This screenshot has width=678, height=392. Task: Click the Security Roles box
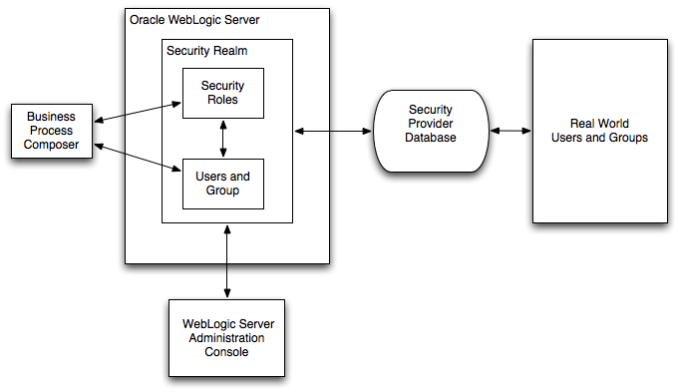pyautogui.click(x=222, y=93)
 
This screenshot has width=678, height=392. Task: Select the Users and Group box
pyautogui.click(x=222, y=184)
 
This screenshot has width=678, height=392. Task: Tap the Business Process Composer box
pyautogui.click(x=50, y=131)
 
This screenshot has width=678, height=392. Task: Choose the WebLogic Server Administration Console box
pyautogui.click(x=227, y=338)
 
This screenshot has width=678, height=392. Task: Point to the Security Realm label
pyautogui.click(x=207, y=50)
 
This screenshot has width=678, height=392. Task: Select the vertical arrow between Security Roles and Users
pyautogui.click(x=222, y=139)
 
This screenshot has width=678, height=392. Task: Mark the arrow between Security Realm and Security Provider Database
pyautogui.click(x=332, y=131)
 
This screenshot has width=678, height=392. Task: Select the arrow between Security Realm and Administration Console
pyautogui.click(x=227, y=261)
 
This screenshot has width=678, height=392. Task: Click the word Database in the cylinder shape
pyautogui.click(x=431, y=138)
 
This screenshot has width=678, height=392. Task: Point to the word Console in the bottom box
pyautogui.click(x=227, y=352)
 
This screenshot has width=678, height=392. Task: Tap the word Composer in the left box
pyautogui.click(x=50, y=145)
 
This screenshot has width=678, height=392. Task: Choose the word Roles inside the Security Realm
pyautogui.click(x=222, y=100)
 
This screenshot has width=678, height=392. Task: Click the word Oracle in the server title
pyautogui.click(x=149, y=19)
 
